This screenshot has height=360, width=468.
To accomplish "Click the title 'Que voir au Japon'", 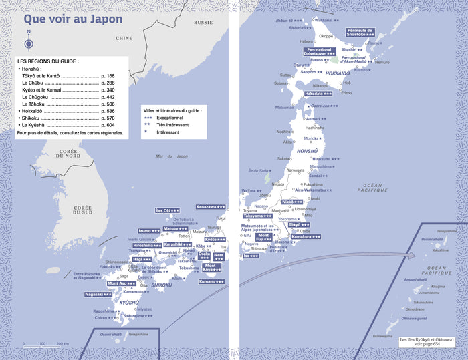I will click(x=73, y=19).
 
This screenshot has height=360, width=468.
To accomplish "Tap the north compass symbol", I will click(x=29, y=41).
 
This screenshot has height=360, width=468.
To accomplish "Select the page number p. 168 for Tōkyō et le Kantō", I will click(x=107, y=77).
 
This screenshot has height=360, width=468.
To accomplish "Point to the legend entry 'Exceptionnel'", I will click(x=170, y=117).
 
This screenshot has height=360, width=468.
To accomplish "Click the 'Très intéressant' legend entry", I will click(x=172, y=125).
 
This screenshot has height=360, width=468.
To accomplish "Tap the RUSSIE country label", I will click(x=203, y=22).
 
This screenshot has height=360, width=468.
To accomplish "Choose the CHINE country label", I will click(x=124, y=38).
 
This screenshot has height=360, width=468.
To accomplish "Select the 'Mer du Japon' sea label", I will click(x=168, y=156).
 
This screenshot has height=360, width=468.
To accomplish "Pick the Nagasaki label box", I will click(x=98, y=294).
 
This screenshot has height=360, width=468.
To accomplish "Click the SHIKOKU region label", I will click(x=162, y=285).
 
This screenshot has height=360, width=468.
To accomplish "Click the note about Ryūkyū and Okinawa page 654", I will click(x=426, y=342).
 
